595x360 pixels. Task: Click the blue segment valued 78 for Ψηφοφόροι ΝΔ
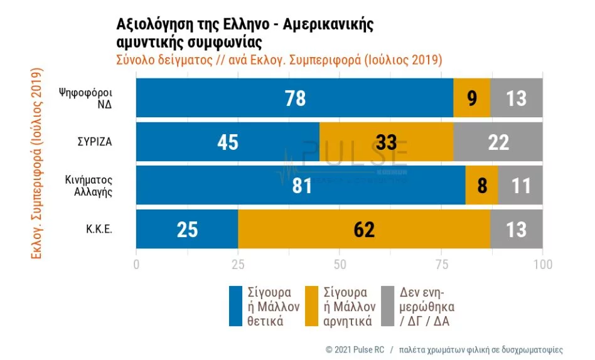pos(294,98)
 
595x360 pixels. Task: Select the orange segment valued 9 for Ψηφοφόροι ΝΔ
pos(471,98)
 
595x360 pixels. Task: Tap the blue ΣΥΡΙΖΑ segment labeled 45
pos(228,142)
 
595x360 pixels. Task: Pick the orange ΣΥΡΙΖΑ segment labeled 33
pos(386,142)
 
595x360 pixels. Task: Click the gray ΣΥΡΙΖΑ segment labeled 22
pos(498,142)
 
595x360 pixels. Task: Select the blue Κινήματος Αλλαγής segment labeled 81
pos(301,186)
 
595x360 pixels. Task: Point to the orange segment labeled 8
pos(481,186)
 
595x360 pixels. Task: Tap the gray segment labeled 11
pos(520,186)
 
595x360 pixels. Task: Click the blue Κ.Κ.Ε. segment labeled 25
pos(187,230)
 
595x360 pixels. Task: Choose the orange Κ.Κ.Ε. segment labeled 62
pos(364,230)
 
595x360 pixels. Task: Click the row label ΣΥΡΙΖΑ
pos(95,142)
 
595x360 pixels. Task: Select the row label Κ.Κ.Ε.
pos(99,230)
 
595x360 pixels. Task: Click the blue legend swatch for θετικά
pos(236,307)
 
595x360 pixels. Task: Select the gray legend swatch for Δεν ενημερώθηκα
pos(388,307)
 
